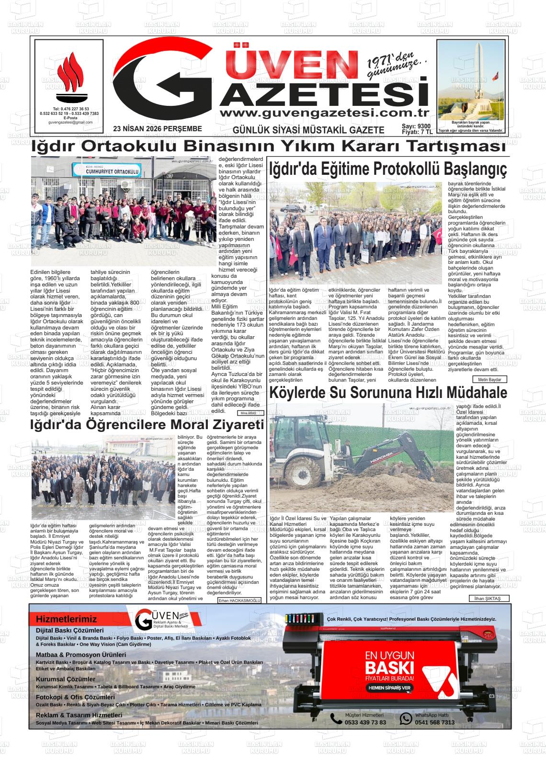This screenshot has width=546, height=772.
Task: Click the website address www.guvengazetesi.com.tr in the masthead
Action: tap(324, 113)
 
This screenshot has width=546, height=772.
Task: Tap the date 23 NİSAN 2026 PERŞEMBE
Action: tap(158, 129)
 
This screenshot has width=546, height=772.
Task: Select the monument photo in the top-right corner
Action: tap(471, 80)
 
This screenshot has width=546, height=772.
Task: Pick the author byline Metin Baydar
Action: tap(489, 379)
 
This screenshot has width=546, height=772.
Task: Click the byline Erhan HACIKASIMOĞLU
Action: tap(239, 600)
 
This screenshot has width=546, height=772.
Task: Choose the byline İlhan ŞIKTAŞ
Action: tap(488, 599)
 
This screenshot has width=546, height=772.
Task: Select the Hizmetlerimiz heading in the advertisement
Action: tap(66, 619)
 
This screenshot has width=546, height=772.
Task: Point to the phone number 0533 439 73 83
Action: tap(365, 722)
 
